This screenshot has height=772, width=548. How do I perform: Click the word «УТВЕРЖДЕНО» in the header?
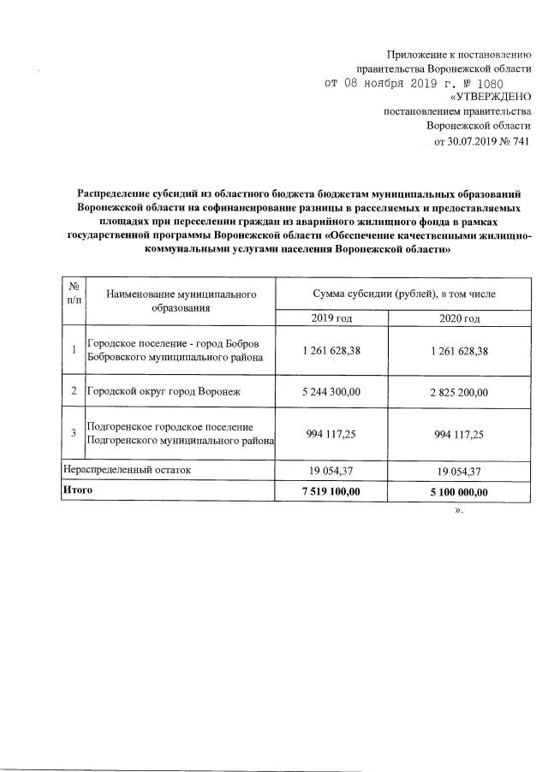[491, 98]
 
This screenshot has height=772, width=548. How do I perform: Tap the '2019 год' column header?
[331, 318]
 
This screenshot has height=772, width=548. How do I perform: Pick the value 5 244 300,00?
[331, 393]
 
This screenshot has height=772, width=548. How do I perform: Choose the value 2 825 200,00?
[458, 393]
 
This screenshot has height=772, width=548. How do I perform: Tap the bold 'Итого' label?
[78, 490]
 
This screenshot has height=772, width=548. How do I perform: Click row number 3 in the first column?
[74, 434]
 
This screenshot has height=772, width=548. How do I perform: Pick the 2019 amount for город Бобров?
[331, 350]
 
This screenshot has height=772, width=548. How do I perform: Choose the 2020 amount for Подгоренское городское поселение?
[458, 434]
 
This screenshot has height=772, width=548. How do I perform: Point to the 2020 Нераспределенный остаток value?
[458, 470]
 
